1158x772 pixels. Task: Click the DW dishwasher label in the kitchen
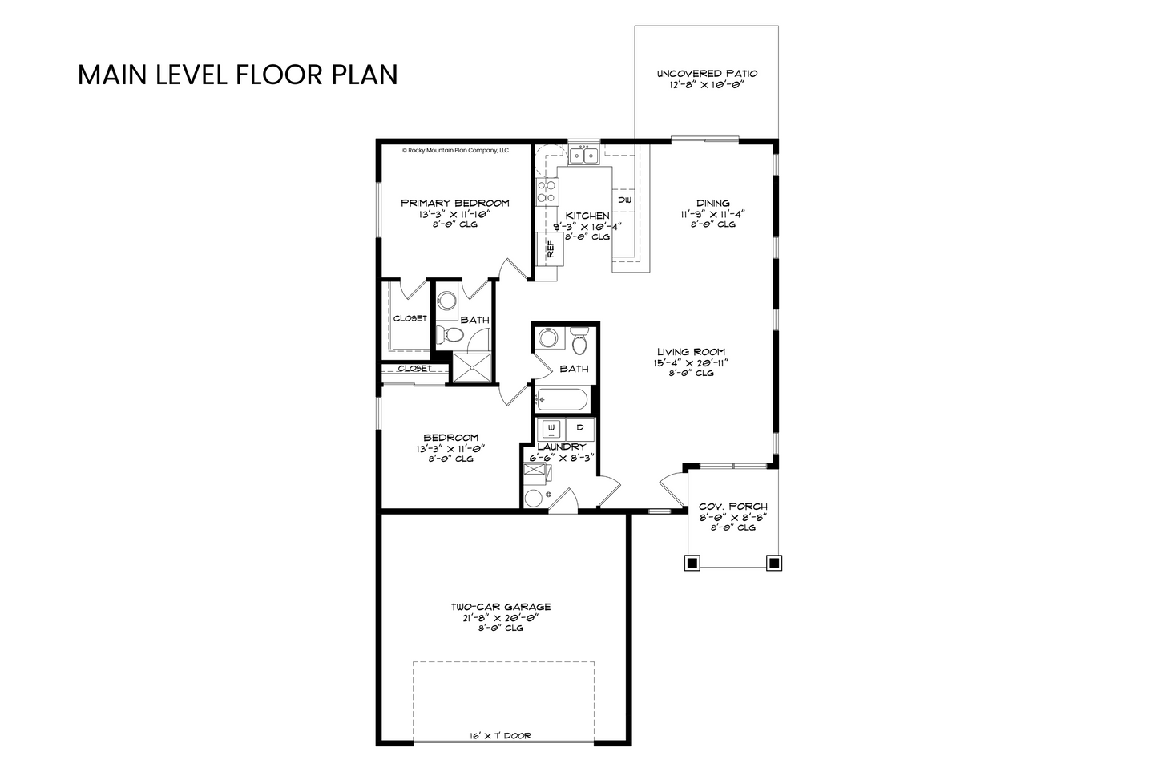point(624,200)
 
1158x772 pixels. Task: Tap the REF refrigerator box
point(550,249)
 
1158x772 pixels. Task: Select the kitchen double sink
point(584,155)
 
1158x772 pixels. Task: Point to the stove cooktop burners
point(547,191)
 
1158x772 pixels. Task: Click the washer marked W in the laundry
point(551,429)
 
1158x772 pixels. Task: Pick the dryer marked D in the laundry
point(580,429)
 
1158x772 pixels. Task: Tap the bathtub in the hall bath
point(562,400)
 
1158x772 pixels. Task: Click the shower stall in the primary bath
point(472,368)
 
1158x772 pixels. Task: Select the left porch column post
point(692,563)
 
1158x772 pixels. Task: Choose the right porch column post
point(773,563)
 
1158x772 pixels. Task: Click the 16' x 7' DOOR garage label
point(500,736)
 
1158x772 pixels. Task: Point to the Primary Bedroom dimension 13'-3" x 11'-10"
point(454,214)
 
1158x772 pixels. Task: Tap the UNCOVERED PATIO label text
point(707,74)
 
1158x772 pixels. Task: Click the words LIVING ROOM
point(691,352)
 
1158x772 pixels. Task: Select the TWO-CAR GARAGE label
point(500,607)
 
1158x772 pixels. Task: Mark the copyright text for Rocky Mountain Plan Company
point(455,151)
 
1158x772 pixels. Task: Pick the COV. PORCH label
point(733,507)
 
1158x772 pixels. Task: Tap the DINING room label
point(713,203)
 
